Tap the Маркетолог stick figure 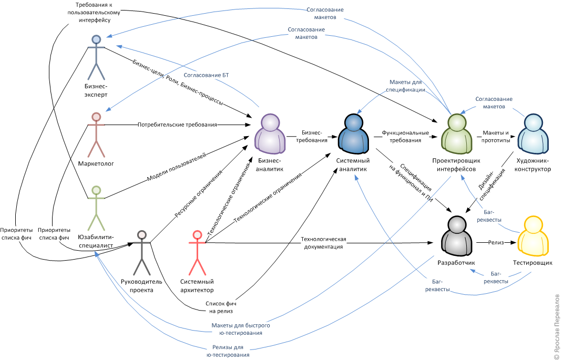point(96,134)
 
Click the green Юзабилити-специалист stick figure point(96,207)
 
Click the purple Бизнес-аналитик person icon point(270,134)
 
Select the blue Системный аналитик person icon point(352,134)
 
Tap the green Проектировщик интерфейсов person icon point(453,134)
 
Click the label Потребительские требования point(177,125)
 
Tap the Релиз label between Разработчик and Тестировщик point(496,243)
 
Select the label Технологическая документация point(323,243)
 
